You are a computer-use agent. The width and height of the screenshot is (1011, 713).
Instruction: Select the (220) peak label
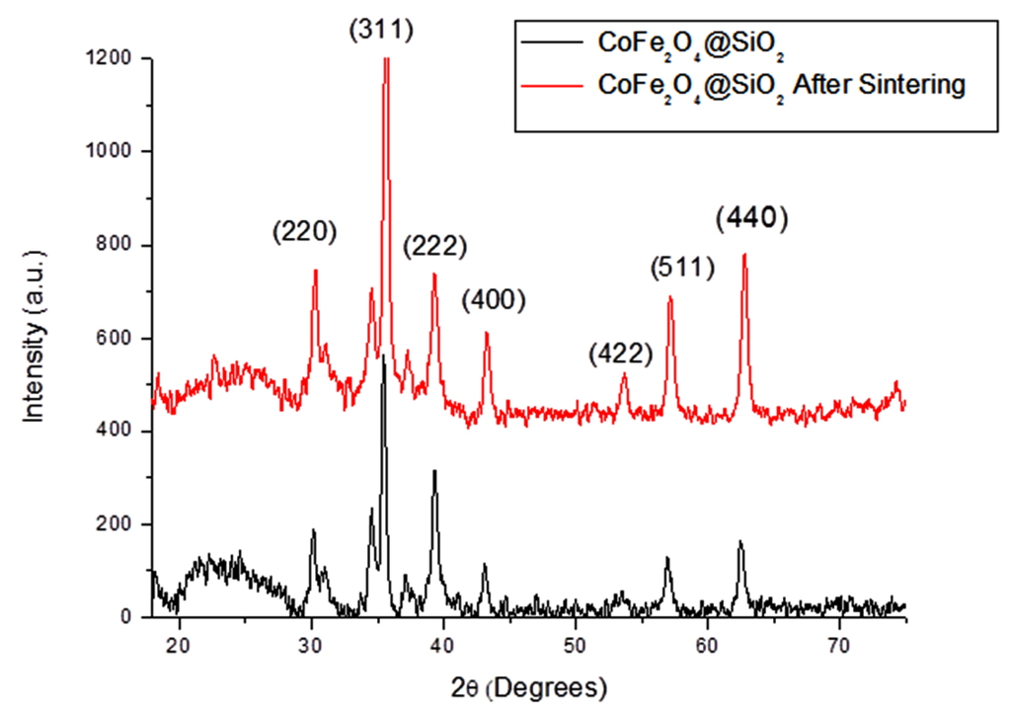(305, 232)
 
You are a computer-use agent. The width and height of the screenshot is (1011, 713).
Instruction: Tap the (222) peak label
(434, 246)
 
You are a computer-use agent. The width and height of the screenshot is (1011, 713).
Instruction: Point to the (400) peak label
(494, 299)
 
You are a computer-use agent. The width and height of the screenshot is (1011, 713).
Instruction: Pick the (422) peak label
(621, 352)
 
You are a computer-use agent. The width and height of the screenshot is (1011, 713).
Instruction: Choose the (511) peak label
(680, 268)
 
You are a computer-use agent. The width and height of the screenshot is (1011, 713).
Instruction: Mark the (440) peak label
(752, 218)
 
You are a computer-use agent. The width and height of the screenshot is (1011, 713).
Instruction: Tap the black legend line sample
(553, 42)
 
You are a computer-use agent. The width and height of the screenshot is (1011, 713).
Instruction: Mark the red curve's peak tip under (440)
(743, 254)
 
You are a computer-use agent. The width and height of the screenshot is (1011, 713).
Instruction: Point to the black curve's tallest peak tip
(382, 356)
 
